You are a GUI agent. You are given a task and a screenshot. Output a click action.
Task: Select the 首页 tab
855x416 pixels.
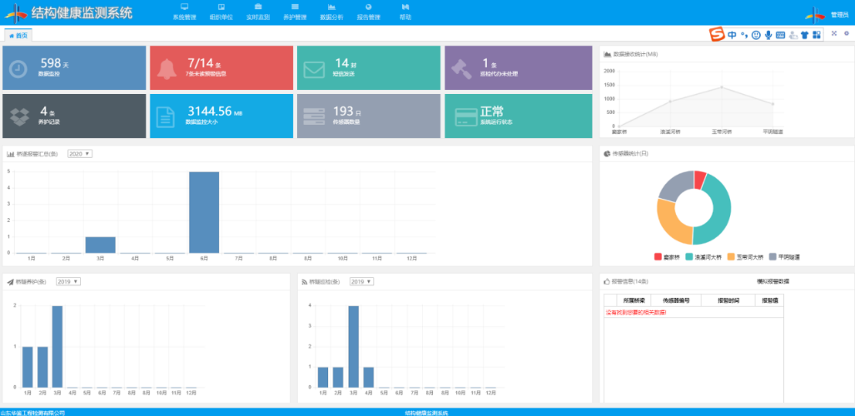[x=18, y=35]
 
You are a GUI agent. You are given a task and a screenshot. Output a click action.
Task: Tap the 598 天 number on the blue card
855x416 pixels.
[x=51, y=63]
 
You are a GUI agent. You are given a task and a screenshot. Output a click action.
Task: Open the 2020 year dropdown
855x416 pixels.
[x=79, y=154]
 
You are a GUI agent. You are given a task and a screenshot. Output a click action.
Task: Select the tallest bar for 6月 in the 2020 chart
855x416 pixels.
[x=204, y=212]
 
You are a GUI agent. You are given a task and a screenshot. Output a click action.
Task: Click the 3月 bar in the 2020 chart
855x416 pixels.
[x=101, y=245]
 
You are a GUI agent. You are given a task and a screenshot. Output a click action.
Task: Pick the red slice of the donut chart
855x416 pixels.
[x=700, y=179]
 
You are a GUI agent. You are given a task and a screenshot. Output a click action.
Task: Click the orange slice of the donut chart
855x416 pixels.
[x=672, y=220]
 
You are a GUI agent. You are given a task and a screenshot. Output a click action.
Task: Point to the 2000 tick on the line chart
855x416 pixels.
[x=609, y=72]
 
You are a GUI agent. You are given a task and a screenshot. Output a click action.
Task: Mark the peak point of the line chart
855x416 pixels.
[x=722, y=87]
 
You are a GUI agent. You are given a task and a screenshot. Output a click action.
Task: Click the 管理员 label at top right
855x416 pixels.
[x=840, y=14]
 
